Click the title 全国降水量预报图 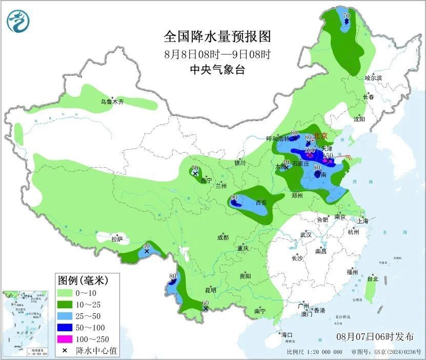click(217, 36)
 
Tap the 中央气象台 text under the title click(217, 70)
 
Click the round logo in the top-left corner click(18, 19)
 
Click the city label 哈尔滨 click(373, 78)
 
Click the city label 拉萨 click(117, 239)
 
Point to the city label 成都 click(222, 237)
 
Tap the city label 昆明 click(210, 290)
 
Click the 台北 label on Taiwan click(372, 279)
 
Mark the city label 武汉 click(306, 234)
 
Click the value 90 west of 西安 click(234, 197)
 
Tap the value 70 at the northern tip click(346, 16)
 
